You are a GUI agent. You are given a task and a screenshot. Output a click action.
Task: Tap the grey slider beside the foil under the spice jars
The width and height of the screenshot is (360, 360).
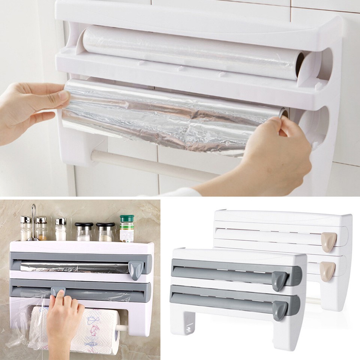click(x=136, y=269)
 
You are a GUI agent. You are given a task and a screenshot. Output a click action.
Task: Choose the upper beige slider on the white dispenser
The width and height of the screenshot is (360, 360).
click(x=329, y=241)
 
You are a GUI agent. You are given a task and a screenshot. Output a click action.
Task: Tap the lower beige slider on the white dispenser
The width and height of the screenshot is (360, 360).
click(x=327, y=271)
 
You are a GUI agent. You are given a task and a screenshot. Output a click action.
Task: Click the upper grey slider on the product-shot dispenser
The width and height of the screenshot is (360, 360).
click(x=279, y=280)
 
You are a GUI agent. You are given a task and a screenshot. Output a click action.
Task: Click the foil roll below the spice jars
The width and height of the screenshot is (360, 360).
click(x=75, y=267)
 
